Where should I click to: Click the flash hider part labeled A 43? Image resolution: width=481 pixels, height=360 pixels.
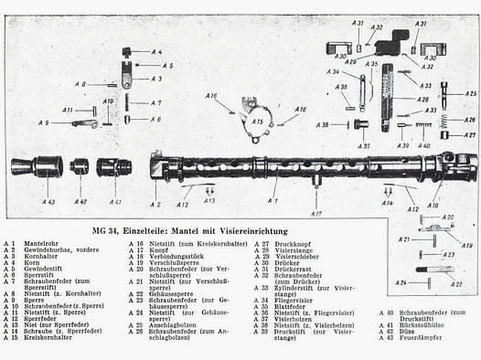36,166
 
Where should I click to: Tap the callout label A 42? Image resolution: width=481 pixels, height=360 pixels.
80,201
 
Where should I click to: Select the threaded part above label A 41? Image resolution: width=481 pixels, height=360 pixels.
114,167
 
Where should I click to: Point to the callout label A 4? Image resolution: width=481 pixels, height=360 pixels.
156,52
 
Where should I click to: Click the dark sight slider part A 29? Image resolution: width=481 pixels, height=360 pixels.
390,42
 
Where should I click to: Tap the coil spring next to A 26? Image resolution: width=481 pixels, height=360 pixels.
444,120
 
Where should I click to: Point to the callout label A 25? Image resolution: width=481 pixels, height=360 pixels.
470,94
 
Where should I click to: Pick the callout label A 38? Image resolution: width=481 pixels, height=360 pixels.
323,124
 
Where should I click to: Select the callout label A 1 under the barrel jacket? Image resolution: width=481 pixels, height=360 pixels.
272,199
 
